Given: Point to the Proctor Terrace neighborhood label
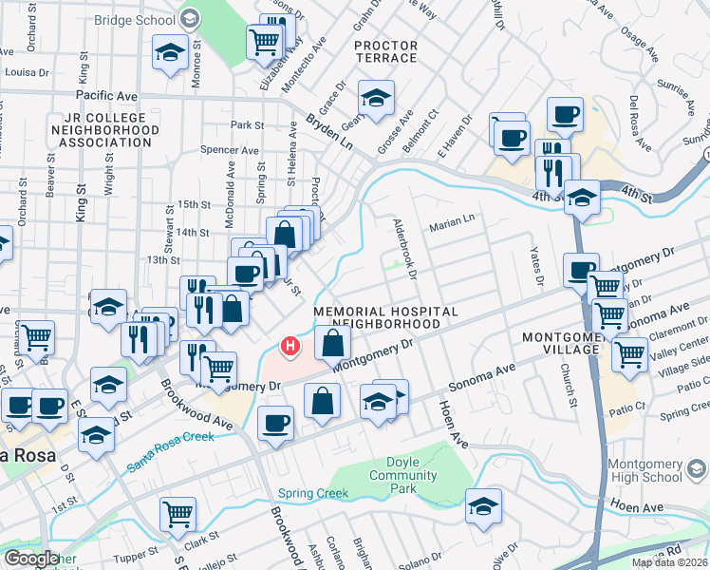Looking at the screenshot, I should tap(385, 51).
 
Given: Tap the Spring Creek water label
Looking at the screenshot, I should tap(314, 494).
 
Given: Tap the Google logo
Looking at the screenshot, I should tap(31, 559).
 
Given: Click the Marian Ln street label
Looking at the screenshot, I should tap(451, 226).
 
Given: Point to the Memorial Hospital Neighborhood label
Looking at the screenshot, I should tap(385, 317).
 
